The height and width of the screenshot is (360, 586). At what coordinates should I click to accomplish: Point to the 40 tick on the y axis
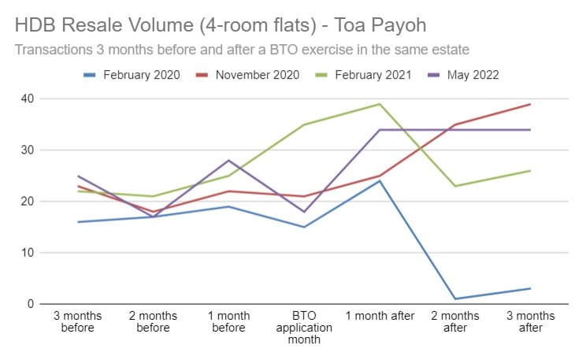pyautogui.click(x=29, y=99)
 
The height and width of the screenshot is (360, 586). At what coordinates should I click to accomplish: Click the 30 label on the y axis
pyautogui.click(x=29, y=150)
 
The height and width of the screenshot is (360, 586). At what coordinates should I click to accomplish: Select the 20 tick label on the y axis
pyautogui.click(x=29, y=202)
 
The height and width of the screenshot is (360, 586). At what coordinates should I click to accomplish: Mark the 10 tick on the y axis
pyautogui.click(x=29, y=253)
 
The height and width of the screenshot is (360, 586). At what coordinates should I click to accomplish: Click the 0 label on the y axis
pyautogui.click(x=32, y=304)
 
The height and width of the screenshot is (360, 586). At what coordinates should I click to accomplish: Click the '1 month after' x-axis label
pyautogui.click(x=380, y=316)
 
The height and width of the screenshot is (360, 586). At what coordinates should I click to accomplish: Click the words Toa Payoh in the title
pyautogui.click(x=369, y=25)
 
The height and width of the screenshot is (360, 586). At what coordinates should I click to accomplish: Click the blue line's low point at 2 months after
pyautogui.click(x=456, y=299)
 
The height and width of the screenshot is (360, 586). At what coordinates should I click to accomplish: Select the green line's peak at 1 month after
pyautogui.click(x=380, y=104)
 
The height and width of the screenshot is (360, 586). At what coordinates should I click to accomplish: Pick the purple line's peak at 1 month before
pyautogui.click(x=229, y=161)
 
